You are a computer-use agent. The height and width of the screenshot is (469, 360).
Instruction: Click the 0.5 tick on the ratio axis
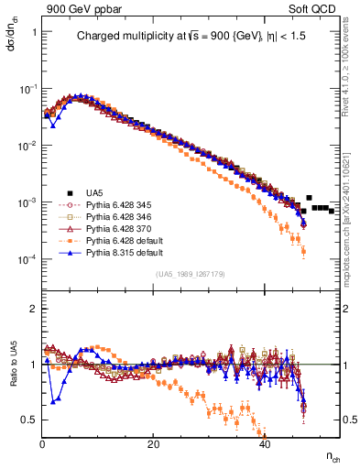(30, 420)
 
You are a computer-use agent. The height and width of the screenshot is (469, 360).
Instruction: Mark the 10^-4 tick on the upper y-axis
(27, 259)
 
